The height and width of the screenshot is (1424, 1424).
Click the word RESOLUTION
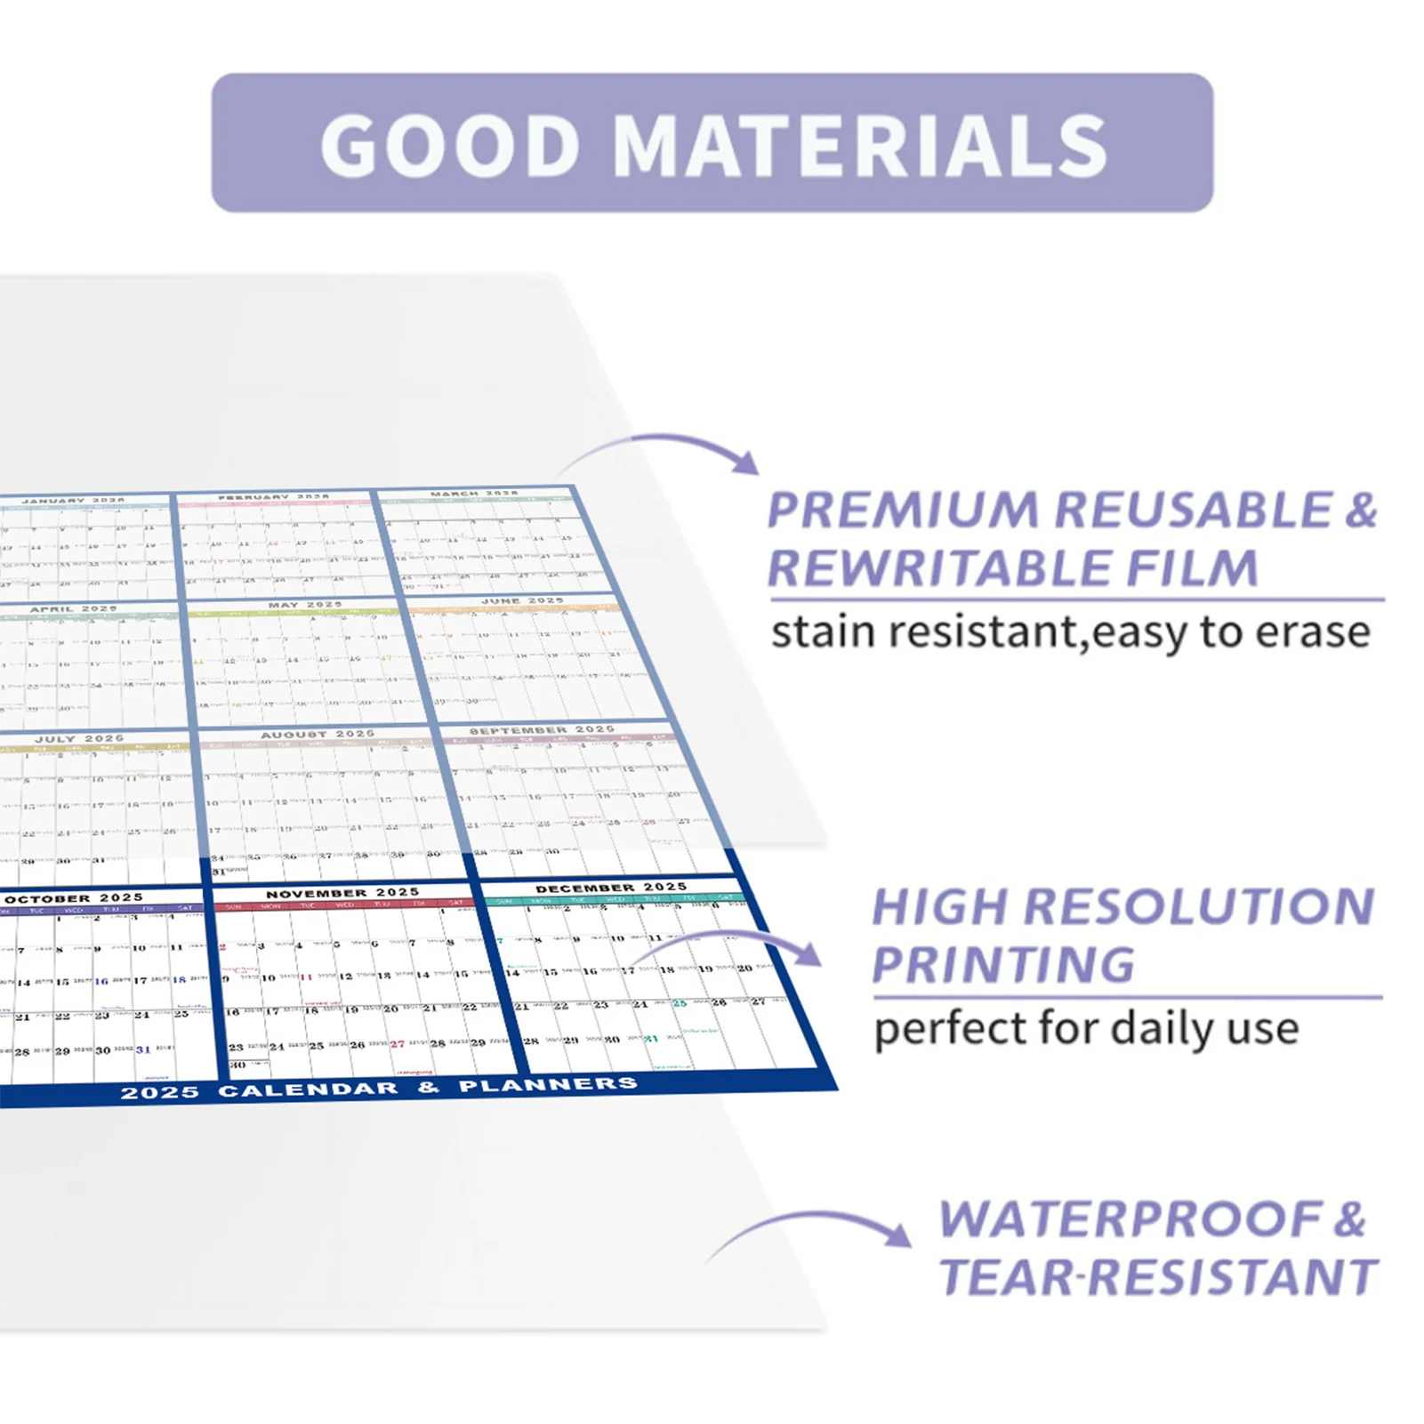(1199, 907)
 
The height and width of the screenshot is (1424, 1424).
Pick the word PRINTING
(1003, 965)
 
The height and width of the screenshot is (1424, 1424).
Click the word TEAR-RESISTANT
(1159, 1278)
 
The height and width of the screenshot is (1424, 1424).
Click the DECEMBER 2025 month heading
(611, 888)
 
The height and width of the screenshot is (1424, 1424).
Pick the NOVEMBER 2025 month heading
(342, 893)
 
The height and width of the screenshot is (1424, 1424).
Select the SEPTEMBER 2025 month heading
(542, 730)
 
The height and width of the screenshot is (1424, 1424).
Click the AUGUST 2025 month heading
(318, 735)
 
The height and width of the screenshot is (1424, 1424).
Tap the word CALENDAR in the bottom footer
(308, 1090)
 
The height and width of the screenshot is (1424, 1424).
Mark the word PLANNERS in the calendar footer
(548, 1085)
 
